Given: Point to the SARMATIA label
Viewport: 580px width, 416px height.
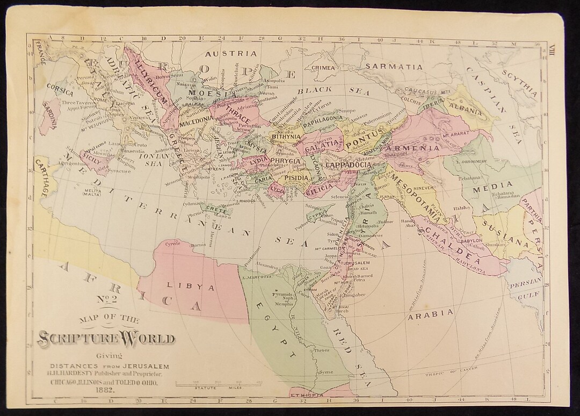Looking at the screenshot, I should (x=394, y=67).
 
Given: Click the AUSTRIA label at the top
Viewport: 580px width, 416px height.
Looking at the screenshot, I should (x=231, y=54).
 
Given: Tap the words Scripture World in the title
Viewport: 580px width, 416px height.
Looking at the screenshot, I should (x=105, y=339).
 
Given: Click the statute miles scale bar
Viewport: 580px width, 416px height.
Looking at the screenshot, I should (x=218, y=383).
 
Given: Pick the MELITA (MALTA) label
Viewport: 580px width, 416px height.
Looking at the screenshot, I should (x=93, y=192).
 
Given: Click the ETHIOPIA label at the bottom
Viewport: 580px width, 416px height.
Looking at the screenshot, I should (x=307, y=396).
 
